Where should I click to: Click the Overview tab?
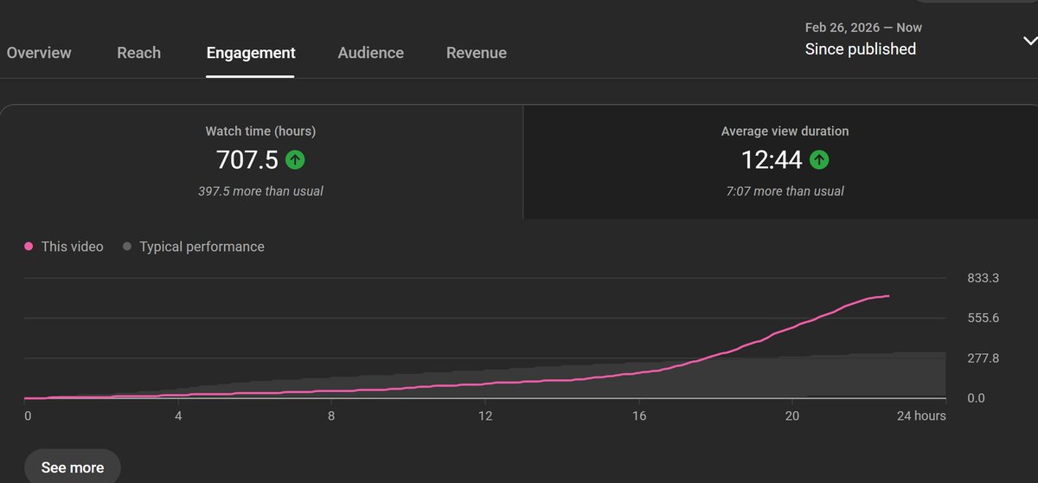[x=39, y=53]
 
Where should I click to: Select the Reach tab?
[x=138, y=53]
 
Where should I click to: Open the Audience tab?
[x=370, y=53]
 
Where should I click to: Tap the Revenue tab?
[x=476, y=53]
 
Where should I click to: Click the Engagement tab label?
[x=251, y=53]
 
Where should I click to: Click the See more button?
[x=73, y=467]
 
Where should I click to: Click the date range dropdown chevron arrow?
[x=1029, y=41]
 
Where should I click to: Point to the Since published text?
[x=860, y=49]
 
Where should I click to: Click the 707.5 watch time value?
[x=247, y=159]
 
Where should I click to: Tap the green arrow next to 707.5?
[x=295, y=159]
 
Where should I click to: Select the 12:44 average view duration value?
[x=772, y=159]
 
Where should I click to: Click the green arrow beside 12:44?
[x=819, y=159]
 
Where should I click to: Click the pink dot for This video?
[x=29, y=247]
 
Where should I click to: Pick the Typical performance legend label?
[x=202, y=247]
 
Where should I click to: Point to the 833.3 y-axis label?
[x=983, y=278]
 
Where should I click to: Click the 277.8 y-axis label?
[x=983, y=358]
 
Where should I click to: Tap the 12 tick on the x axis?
[x=485, y=415]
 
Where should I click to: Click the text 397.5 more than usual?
[x=260, y=190]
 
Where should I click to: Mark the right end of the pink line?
[x=888, y=296]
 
